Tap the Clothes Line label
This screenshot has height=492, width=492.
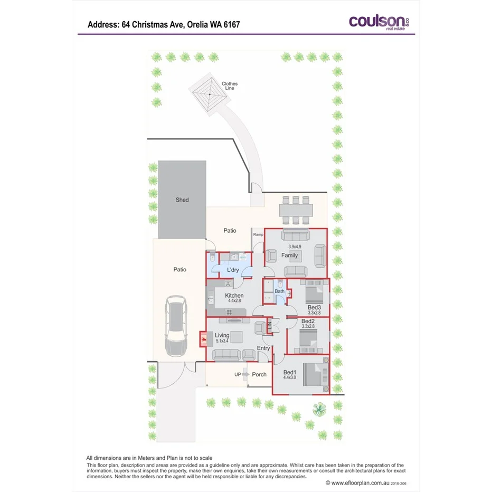[x=229, y=86]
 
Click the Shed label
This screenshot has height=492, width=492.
[x=182, y=200]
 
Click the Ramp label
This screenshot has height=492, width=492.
[x=258, y=234]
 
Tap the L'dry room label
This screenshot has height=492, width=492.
[x=233, y=270]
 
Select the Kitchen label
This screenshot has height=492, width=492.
[x=234, y=296]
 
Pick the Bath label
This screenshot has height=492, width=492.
[x=280, y=291]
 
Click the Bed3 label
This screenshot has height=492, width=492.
[x=314, y=308]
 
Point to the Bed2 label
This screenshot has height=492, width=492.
[x=308, y=321]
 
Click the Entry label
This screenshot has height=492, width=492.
[x=263, y=348]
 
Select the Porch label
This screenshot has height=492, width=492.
[x=259, y=374]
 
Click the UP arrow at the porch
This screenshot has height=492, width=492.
[x=244, y=374]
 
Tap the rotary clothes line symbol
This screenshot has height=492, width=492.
[x=209, y=94]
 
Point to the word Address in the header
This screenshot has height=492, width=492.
[x=102, y=24]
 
